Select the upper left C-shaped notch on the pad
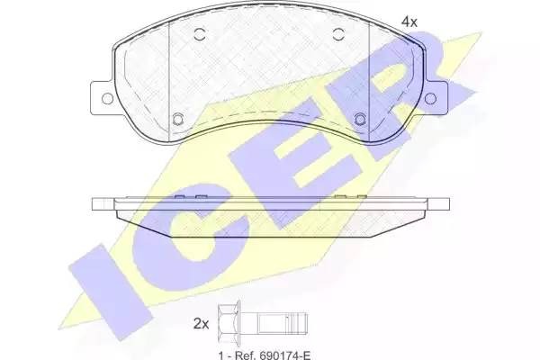pyautogui.click(x=200, y=36)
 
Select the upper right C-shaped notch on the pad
pyautogui.click(x=339, y=36)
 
